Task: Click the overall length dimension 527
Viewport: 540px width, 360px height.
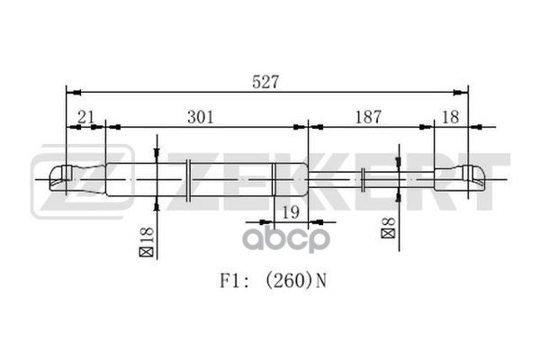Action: (266, 81)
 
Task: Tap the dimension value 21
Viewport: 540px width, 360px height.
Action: (86, 116)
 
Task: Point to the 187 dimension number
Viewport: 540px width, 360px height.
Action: (367, 116)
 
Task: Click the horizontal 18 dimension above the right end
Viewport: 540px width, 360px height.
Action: (451, 116)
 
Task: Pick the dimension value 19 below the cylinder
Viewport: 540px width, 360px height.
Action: (288, 212)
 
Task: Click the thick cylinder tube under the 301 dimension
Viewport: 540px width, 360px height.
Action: (207, 178)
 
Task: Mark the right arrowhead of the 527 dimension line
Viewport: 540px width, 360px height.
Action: (464, 92)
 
